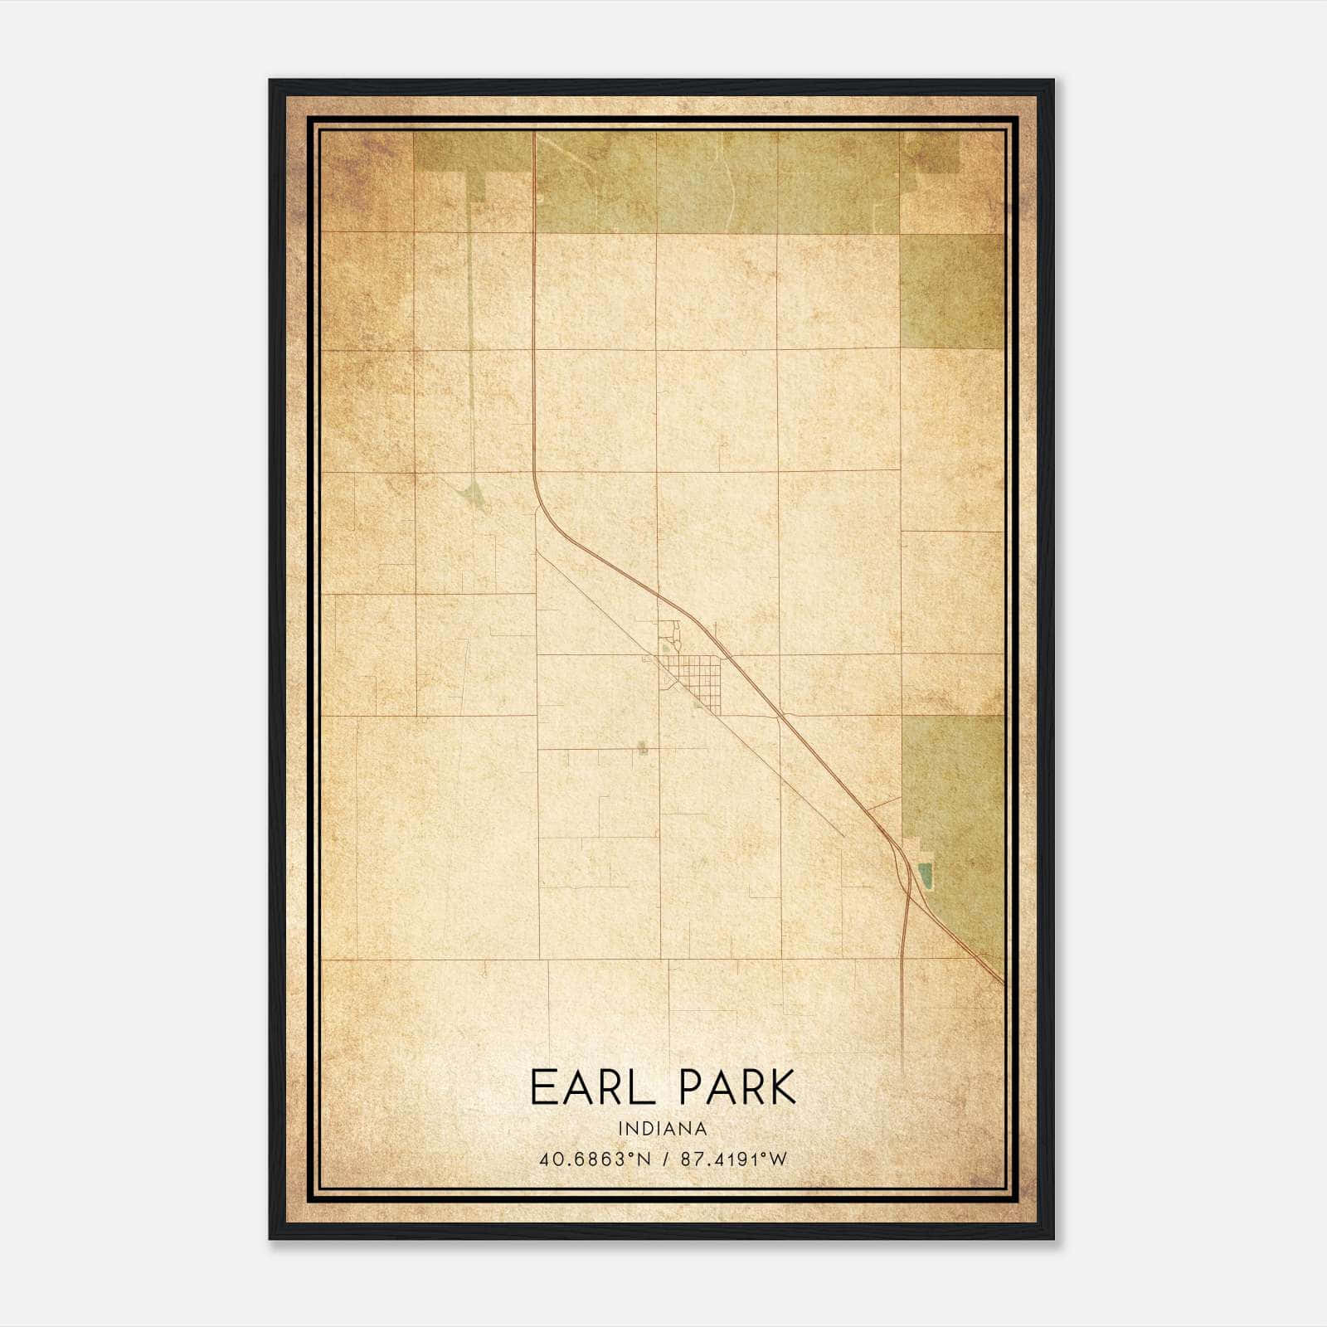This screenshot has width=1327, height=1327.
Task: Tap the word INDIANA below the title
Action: pyautogui.click(x=663, y=1129)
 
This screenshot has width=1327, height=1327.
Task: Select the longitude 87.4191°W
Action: pyautogui.click(x=733, y=1159)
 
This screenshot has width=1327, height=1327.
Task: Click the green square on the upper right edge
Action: pyautogui.click(x=951, y=290)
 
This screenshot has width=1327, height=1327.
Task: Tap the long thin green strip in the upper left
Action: pyautogui.click(x=471, y=332)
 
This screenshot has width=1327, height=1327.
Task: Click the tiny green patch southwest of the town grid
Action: pyautogui.click(x=643, y=749)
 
